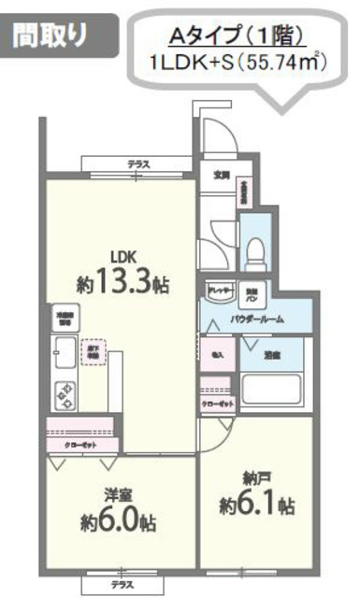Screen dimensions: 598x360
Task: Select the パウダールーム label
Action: tap(257, 320)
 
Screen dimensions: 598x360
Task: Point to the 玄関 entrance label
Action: tap(222, 174)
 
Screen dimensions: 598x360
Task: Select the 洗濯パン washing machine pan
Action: tap(252, 292)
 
